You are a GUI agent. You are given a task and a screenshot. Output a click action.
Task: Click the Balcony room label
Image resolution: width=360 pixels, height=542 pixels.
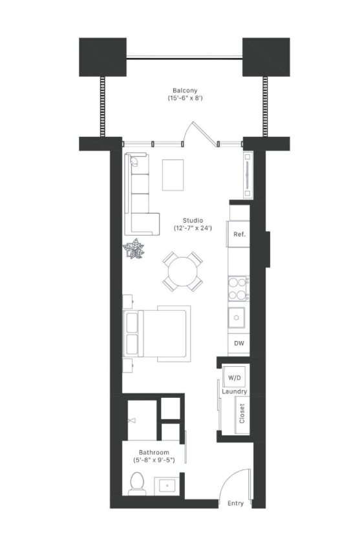185,90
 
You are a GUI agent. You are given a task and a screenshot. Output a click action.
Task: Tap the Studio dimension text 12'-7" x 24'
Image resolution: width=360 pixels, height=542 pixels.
193,228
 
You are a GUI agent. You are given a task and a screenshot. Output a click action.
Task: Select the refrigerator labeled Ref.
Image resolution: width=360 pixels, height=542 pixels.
238,234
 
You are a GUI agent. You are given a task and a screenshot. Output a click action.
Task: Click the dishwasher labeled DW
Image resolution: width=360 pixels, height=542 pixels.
239,343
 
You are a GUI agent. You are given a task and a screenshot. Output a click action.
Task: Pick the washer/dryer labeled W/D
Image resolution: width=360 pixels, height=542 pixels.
234,377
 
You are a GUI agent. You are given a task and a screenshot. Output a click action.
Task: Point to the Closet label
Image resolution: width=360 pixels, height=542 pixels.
242,413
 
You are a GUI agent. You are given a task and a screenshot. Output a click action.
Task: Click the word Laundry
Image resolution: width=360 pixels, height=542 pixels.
234,391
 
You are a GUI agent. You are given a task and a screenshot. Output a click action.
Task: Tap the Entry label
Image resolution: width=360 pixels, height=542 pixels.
235,503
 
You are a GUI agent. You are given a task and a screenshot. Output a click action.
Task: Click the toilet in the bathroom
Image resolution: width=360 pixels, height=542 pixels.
137,484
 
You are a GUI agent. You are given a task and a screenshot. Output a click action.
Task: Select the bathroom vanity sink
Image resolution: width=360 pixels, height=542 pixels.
167,486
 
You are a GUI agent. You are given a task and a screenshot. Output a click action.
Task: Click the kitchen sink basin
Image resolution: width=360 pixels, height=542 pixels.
237,318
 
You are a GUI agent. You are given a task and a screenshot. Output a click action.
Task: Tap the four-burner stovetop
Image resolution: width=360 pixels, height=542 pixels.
238,288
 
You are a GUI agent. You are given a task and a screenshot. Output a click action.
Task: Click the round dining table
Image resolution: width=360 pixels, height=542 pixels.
183,272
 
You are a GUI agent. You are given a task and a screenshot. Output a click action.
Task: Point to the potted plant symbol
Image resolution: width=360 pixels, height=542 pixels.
134,249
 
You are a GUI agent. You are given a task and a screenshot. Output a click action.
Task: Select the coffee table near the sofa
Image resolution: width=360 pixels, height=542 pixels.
173,174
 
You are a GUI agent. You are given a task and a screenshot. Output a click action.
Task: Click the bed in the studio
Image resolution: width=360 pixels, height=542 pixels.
156,333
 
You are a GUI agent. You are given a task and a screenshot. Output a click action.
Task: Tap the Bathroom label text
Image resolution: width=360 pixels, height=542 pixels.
154,452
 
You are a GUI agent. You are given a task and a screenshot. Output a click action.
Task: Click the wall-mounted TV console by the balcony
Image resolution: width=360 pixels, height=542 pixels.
248,175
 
